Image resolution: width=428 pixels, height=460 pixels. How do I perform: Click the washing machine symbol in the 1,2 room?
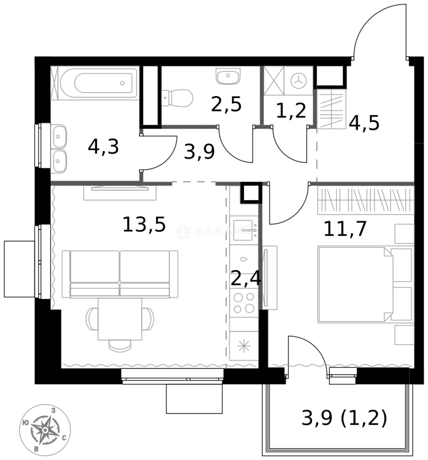299,80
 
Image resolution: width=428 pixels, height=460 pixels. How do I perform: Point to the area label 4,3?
103,147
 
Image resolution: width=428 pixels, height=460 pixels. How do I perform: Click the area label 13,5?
144,224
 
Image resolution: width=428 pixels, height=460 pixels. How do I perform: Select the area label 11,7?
345,230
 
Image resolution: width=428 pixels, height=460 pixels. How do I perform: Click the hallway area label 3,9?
199,152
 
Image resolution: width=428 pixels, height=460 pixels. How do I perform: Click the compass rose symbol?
45,428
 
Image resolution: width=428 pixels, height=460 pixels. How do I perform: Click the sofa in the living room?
120,274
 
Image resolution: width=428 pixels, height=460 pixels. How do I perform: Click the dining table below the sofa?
120,319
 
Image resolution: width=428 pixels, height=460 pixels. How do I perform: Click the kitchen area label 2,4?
246,279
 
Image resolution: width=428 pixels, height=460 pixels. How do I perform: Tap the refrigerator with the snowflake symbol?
244,346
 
